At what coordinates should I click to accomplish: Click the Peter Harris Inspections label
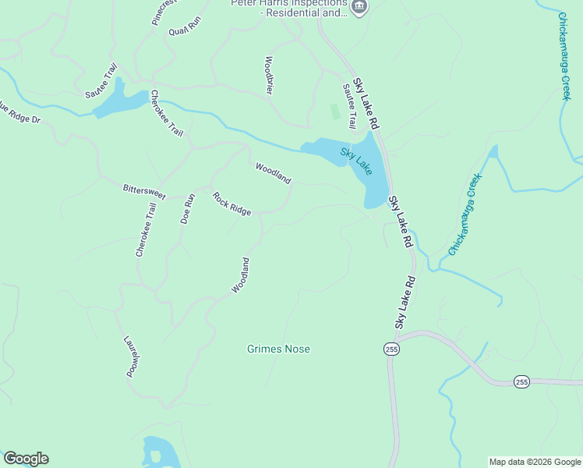point(289,9)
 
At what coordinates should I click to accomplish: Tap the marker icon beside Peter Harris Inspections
point(359,7)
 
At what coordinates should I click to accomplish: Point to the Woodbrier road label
point(270,75)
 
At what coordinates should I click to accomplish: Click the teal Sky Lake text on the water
point(356,161)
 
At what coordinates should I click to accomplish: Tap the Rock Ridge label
point(232,204)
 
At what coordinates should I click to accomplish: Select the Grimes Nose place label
point(278,349)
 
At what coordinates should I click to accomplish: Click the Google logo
point(26,459)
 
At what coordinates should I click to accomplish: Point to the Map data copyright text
point(535,462)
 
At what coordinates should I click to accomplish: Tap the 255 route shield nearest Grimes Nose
point(391,349)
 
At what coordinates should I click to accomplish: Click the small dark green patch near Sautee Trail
point(335,112)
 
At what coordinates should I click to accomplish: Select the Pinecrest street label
point(165,12)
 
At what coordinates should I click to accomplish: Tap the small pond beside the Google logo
point(161,452)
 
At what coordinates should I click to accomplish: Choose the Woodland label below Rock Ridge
point(241,275)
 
